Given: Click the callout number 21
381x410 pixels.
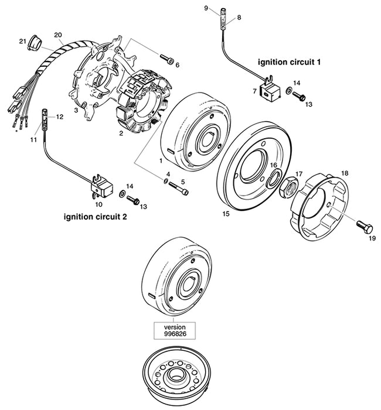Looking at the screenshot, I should (22, 41).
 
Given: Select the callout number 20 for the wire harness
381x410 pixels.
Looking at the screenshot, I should (58, 35).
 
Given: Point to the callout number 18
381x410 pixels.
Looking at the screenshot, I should (345, 173).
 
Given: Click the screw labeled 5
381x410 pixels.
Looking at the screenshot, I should (183, 191).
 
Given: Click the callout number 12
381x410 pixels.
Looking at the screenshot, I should (59, 117).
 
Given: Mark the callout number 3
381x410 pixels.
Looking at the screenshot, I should (76, 110).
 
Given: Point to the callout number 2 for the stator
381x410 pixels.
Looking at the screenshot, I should (121, 133).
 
